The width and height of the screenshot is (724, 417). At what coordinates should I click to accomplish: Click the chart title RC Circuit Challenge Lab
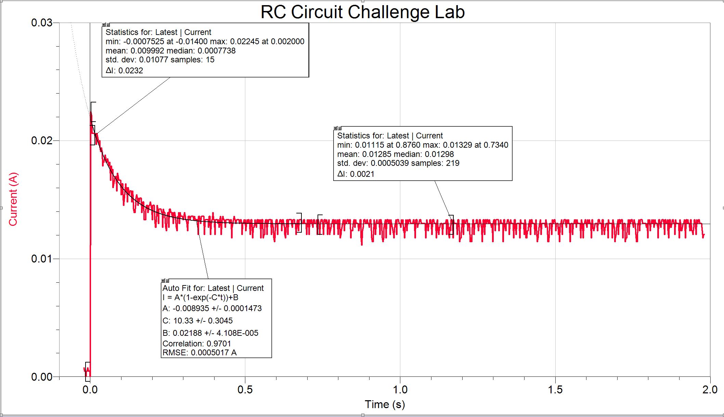click(362, 12)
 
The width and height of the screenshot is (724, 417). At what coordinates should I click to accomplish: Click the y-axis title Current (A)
click(13, 199)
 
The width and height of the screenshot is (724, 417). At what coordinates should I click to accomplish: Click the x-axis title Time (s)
click(385, 404)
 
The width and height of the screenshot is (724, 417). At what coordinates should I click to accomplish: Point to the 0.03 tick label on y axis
click(41, 23)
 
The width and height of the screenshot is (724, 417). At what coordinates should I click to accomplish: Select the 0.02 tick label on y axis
click(41, 140)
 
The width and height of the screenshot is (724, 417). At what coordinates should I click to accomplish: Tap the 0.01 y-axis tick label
click(41, 259)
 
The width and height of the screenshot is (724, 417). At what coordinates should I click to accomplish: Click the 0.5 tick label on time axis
click(245, 390)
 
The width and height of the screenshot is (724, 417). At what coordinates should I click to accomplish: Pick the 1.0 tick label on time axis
click(400, 390)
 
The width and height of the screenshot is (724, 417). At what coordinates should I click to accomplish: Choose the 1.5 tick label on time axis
click(555, 390)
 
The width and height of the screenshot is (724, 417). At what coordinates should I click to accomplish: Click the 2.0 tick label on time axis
click(710, 390)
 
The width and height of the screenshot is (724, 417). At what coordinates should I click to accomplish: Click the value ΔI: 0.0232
click(124, 71)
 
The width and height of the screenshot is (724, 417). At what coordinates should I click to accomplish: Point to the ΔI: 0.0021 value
click(356, 174)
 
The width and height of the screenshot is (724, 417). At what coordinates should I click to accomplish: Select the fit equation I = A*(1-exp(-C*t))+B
click(201, 297)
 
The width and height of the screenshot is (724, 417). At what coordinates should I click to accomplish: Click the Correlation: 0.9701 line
click(197, 344)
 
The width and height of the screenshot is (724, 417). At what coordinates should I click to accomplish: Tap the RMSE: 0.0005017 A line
click(199, 353)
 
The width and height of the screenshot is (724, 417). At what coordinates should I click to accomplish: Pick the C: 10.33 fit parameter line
click(197, 321)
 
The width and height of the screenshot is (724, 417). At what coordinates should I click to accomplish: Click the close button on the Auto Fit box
click(163, 281)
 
